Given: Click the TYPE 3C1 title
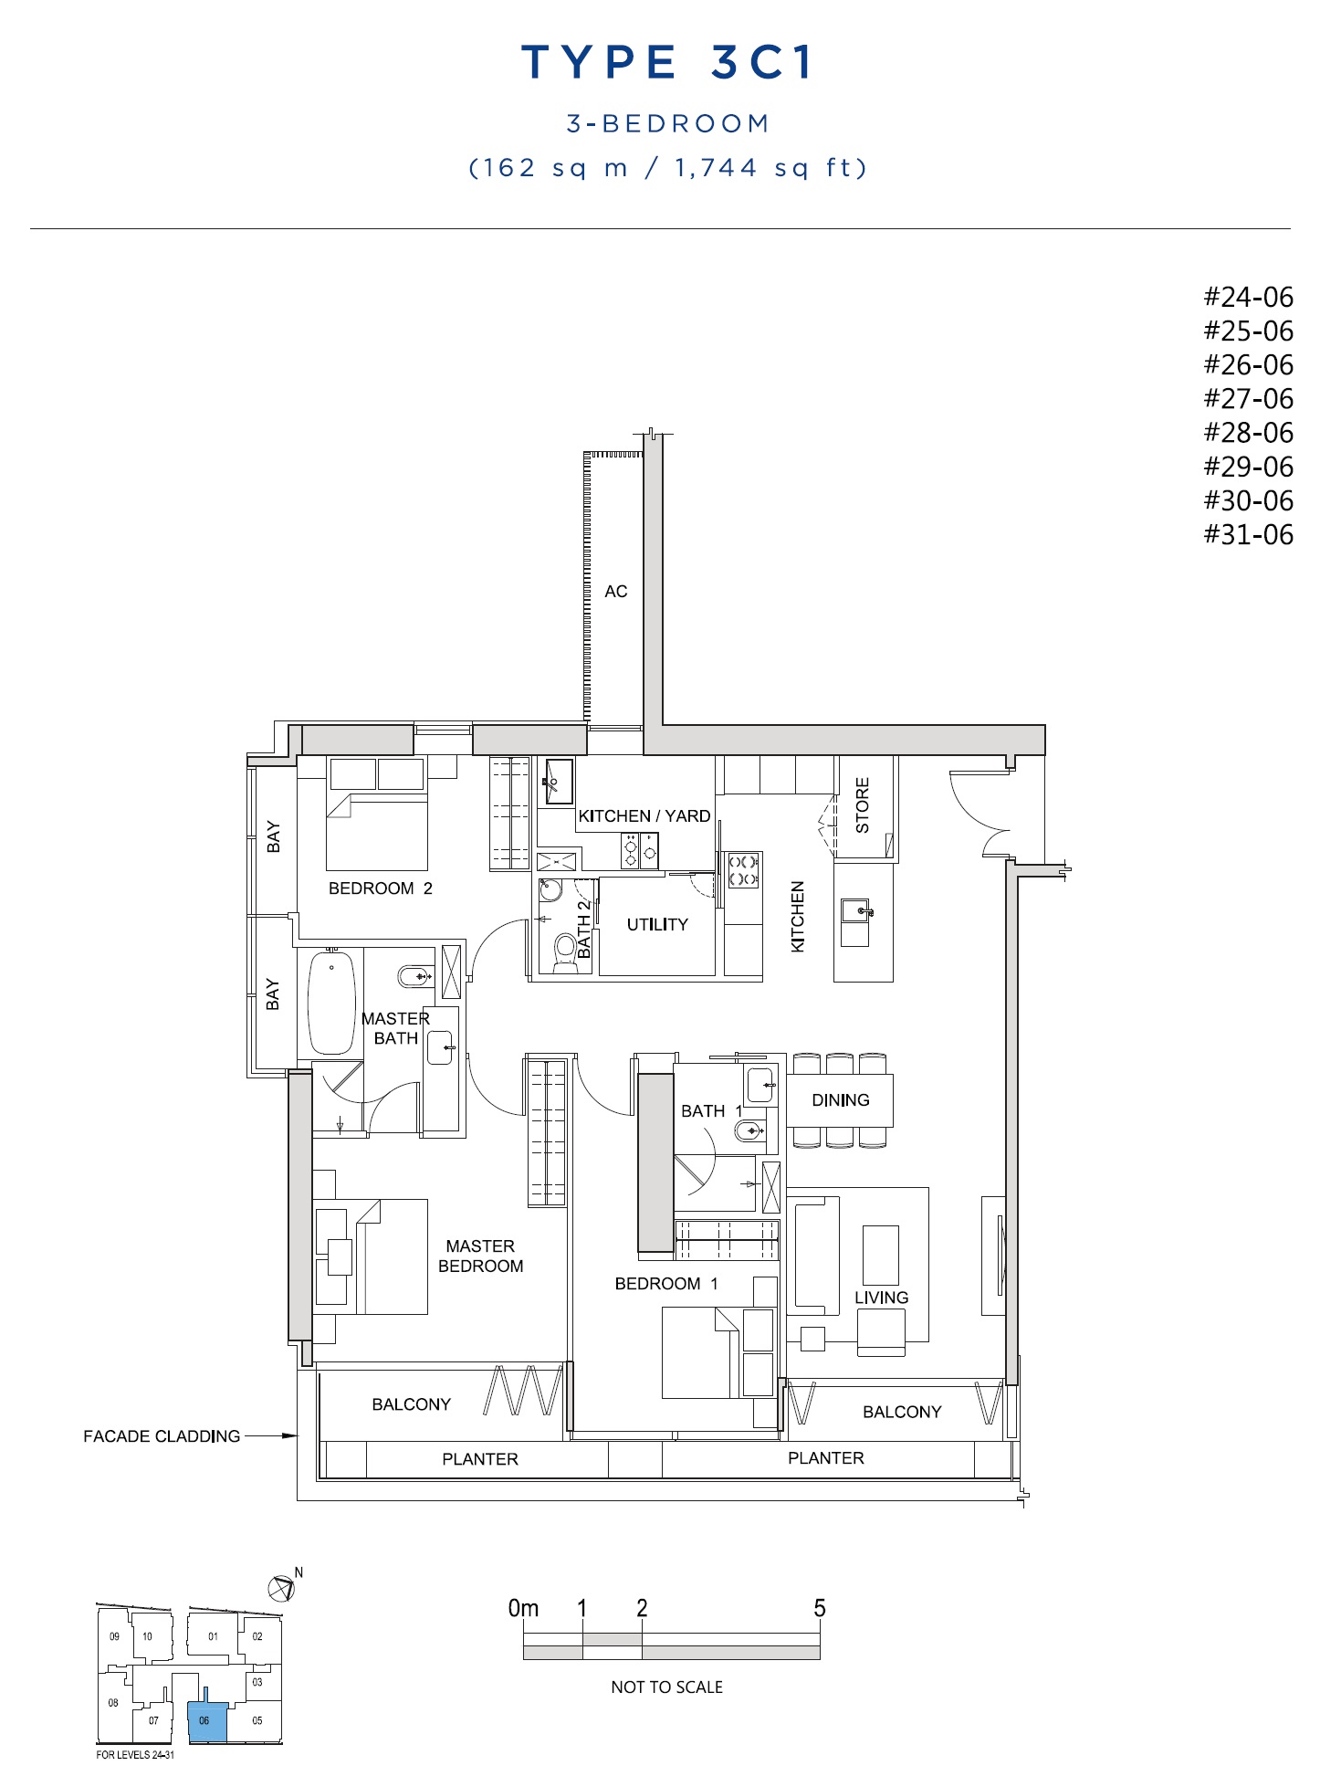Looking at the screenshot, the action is [x=667, y=63].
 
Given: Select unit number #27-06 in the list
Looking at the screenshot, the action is [x=1248, y=399].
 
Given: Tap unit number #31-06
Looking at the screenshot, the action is [x=1248, y=534].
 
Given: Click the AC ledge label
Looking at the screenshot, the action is [x=616, y=592].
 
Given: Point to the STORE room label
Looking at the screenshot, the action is [x=863, y=804].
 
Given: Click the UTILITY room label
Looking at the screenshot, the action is [x=657, y=925].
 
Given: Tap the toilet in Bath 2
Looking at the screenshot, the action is [x=566, y=949].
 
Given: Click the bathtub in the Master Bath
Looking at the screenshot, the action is [x=330, y=1003].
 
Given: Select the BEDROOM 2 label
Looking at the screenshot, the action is [x=381, y=888].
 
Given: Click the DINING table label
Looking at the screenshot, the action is [x=841, y=1100].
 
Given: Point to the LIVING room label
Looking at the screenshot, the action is [x=882, y=1298].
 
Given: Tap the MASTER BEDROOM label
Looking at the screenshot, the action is [x=481, y=1256].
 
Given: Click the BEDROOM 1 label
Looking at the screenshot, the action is [x=666, y=1284].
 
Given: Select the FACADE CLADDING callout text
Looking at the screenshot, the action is [x=162, y=1436].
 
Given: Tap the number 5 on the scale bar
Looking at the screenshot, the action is [x=820, y=1608].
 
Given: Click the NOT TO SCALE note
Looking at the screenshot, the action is [x=667, y=1687].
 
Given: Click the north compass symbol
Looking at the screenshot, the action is [x=282, y=1588].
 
